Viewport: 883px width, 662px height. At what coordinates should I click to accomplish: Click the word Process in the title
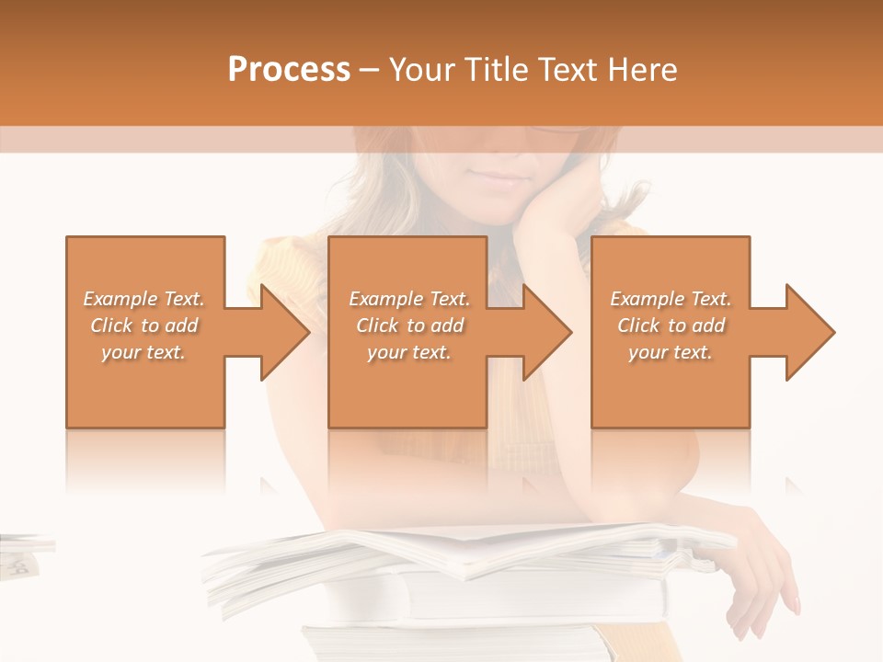click(x=289, y=70)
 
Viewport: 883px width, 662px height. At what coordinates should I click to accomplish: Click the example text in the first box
click(x=143, y=325)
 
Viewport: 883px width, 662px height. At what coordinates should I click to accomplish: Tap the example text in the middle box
click(x=409, y=325)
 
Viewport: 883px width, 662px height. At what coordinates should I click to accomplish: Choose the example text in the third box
click(x=671, y=325)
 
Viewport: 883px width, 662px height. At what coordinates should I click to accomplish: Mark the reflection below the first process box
click(x=145, y=460)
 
